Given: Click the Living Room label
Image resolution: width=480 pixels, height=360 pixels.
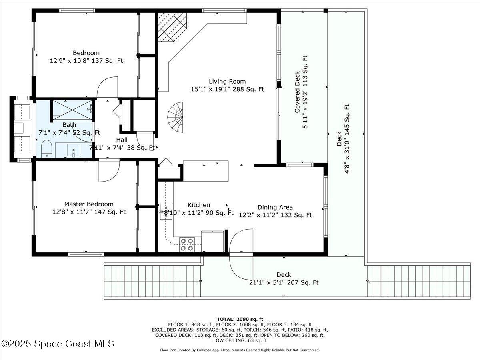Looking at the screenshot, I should point(227,82).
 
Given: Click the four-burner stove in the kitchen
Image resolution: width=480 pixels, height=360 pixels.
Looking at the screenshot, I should point(186,244).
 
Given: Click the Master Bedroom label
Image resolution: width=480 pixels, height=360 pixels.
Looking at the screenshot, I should point(89,204).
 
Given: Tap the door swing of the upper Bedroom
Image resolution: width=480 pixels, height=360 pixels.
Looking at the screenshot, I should point(108,88).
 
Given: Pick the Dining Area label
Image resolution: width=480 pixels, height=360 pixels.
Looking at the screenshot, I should point(275,207).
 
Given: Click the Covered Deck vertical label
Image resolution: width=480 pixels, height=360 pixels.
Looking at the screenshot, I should point(298,92).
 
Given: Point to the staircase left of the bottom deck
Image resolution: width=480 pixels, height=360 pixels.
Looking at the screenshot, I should point(152,281).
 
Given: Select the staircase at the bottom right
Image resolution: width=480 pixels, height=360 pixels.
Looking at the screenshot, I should point(418,281).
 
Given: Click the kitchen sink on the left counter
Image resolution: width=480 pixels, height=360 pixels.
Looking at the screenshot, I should point(164,209).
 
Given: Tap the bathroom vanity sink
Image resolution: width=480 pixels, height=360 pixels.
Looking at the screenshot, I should point(74,151).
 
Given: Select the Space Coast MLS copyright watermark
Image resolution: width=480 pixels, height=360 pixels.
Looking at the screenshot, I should point(58,344).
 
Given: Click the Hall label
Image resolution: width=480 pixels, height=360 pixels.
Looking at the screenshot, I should point(122,140).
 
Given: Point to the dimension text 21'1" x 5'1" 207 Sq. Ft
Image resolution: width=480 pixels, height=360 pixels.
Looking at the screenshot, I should point(284,282).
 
